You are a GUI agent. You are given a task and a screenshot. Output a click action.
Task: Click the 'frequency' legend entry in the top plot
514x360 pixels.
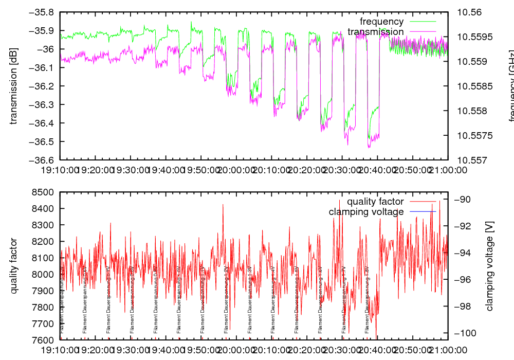click(382, 22)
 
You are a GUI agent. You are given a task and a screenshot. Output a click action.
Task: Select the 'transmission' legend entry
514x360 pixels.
click(376, 32)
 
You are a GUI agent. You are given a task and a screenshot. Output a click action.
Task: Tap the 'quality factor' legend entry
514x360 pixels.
click(375, 202)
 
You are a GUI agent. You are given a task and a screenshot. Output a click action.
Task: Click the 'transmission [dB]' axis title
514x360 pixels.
click(14, 86)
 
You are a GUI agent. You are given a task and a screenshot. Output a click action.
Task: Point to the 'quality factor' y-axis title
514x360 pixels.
click(14, 266)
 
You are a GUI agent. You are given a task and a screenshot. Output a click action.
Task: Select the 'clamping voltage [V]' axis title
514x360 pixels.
click(489, 266)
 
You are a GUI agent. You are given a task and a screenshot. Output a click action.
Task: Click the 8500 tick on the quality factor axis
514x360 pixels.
click(45, 192)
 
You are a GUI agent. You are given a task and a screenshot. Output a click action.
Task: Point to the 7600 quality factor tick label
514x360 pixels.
click(45, 340)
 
